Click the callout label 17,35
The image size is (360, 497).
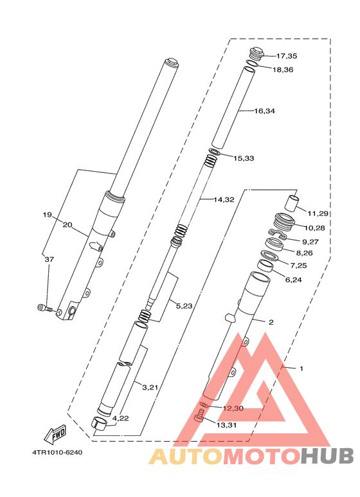coord(286,56)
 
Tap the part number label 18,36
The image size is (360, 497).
coord(283,69)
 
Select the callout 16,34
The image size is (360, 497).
coord(264,111)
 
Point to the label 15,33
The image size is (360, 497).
coord(244,158)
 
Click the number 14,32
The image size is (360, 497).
coord(224,200)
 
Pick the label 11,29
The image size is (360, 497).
coord(318,213)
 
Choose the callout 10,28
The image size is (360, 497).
coord(315,228)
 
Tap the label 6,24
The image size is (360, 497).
coord(293,280)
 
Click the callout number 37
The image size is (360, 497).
coord(49,259)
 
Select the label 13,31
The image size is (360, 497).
coord(226,425)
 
